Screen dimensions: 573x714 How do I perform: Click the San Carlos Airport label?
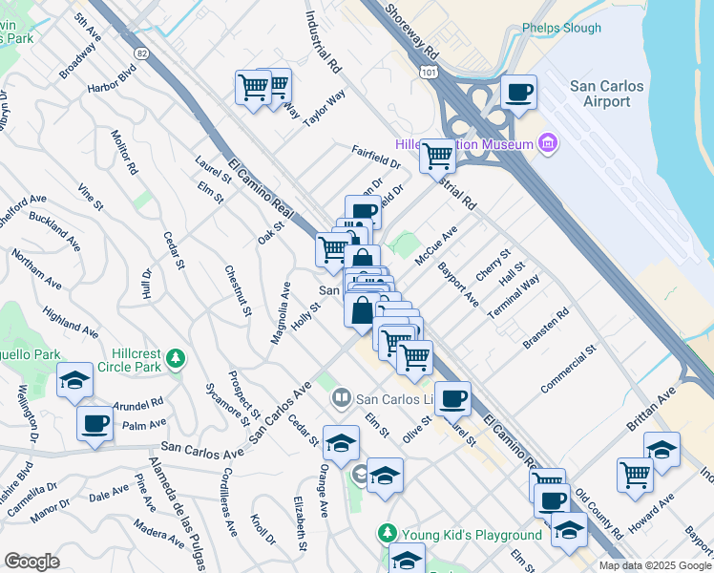606,94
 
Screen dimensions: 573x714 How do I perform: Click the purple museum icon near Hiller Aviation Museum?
548,144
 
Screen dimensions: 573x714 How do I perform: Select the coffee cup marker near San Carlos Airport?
518,93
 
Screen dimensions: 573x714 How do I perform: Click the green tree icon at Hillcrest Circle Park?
175,358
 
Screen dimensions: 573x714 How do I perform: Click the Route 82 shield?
142,52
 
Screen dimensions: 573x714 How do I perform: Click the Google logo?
31,561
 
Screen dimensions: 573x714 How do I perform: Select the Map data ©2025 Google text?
654,565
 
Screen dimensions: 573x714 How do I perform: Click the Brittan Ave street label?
677,400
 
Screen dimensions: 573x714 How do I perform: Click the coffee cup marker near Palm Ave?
94,423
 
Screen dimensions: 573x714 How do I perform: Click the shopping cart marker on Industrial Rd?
437,155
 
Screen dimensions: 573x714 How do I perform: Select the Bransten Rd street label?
545,327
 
